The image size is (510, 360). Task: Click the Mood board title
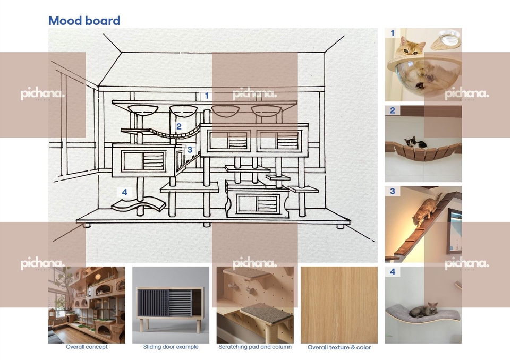[84, 21]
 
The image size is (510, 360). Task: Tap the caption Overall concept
[87, 347]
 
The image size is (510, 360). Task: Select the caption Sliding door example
[171, 347]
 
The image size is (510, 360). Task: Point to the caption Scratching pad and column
[255, 347]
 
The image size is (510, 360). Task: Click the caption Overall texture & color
[339, 347]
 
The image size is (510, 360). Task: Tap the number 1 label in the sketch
[207, 96]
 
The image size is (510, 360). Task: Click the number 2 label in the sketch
[179, 126]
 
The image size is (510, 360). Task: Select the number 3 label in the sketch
[190, 150]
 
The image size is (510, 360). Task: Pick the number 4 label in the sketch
[124, 192]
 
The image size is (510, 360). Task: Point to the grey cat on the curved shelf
[423, 311]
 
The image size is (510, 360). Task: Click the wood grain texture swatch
[339, 305]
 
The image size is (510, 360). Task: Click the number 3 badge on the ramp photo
[393, 191]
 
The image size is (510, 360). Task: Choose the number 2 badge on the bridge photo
[393, 110]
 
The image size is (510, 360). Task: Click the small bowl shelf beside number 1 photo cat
[446, 40]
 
